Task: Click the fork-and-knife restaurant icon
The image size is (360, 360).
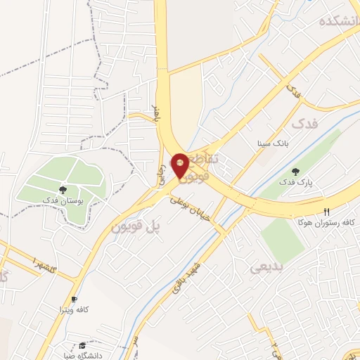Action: tap(326, 211)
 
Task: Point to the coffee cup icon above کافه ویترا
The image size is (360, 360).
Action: tap(75, 299)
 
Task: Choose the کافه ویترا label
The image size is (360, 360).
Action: tap(75, 309)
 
